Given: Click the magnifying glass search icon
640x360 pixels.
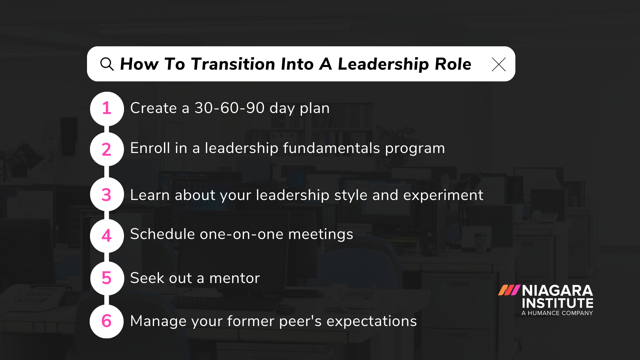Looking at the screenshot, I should (107, 64).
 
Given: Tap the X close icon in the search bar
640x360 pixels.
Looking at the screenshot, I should (499, 64).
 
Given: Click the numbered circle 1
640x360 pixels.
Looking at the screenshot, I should (107, 109).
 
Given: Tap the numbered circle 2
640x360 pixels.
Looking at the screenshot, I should (107, 149).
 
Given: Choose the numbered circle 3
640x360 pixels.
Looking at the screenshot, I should (107, 195).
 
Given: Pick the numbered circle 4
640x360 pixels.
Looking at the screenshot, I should (107, 236).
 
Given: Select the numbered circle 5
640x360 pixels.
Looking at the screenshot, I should (107, 278).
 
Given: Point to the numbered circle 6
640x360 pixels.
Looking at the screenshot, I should (107, 321).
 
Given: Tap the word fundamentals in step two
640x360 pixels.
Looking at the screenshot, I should (331, 148).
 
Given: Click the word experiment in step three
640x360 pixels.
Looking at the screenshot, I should (443, 195).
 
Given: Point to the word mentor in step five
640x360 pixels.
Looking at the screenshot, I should (234, 278).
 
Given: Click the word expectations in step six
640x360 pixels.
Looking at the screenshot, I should (371, 321).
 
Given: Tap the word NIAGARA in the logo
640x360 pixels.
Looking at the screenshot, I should (557, 291).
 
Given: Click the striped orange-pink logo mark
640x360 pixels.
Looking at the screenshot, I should (509, 290).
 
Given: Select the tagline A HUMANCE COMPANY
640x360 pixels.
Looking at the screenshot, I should (557, 313).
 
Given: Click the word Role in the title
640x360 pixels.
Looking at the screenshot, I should (453, 64).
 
